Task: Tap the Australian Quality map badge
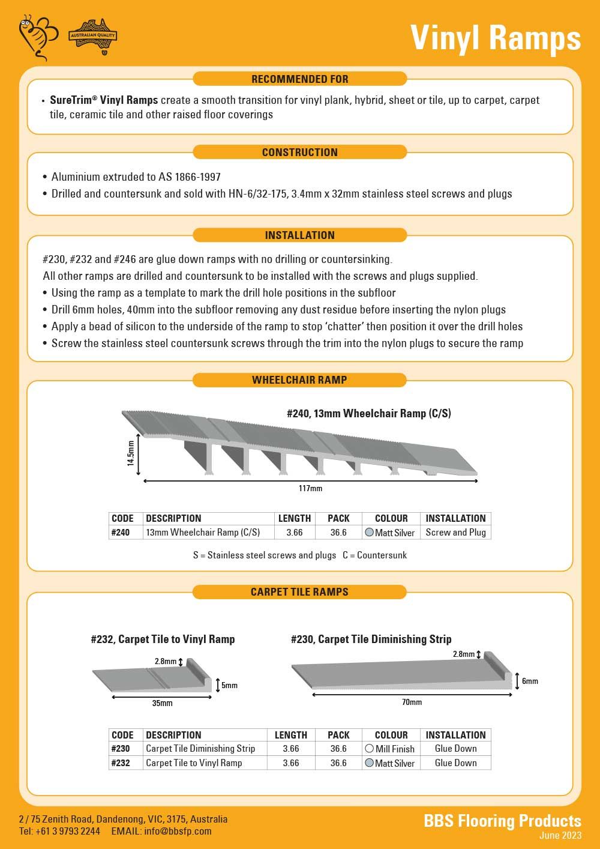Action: click(92, 37)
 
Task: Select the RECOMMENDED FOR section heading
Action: click(299, 79)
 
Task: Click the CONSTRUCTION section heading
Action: click(299, 153)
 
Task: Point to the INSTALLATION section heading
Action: click(299, 235)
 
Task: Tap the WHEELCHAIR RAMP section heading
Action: click(299, 380)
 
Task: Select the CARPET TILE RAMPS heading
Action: click(299, 592)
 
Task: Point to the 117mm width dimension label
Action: click(310, 489)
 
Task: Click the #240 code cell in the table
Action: click(121, 533)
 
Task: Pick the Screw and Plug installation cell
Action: click(455, 533)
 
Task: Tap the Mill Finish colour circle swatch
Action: click(369, 749)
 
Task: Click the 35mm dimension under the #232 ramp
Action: click(162, 703)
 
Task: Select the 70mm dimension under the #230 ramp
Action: click(412, 702)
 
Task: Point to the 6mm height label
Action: click(530, 681)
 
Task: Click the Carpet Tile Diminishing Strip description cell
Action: click(200, 749)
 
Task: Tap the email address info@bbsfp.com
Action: click(178, 832)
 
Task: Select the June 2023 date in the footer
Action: click(560, 836)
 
